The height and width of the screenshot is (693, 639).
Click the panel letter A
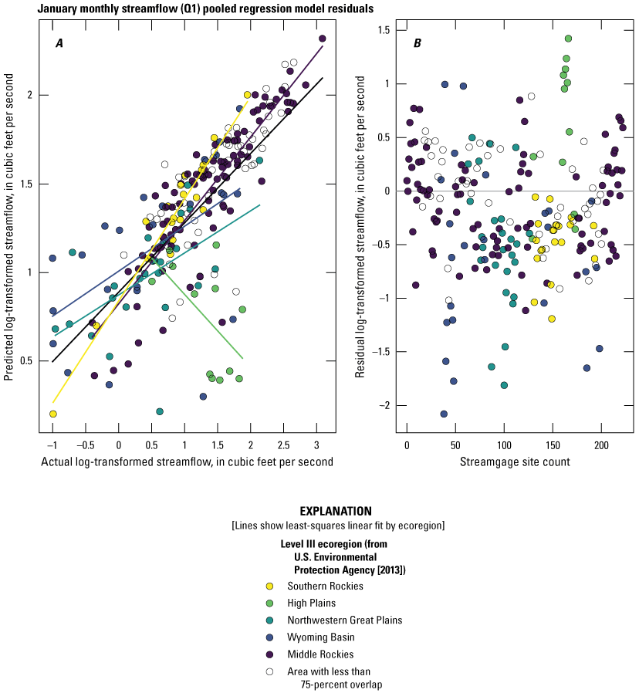pos(59,44)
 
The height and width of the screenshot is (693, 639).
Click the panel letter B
pos(418,44)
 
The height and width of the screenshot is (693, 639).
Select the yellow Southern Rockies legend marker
pos(269,586)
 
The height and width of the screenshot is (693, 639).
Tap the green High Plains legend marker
pos(269,603)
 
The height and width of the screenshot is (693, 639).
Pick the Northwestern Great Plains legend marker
pos(269,620)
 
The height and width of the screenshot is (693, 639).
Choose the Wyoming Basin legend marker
pos(269,637)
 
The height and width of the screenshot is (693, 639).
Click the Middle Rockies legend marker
pos(269,654)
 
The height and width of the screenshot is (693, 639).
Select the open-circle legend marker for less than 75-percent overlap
pos(269,671)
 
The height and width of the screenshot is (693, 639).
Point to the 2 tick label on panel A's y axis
pos(32,95)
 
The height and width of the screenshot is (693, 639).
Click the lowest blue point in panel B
pos(444,414)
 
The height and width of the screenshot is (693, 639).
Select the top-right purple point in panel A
pos(322,39)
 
